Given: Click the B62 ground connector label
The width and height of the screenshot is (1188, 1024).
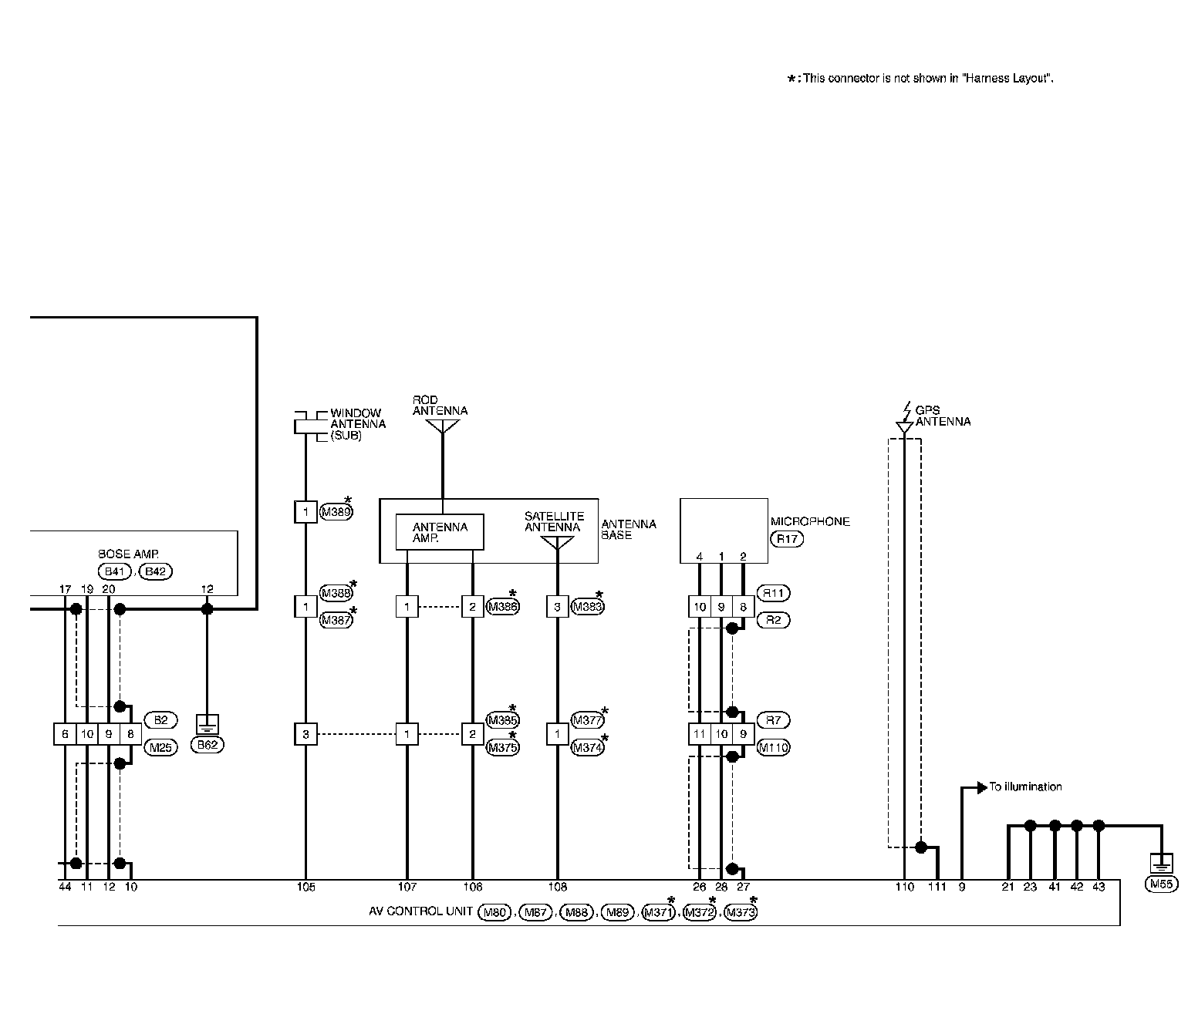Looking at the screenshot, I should click(x=207, y=745).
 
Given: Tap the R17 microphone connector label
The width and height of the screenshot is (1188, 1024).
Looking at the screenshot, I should click(x=786, y=539).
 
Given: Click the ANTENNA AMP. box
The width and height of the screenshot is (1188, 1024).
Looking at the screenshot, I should click(x=440, y=532).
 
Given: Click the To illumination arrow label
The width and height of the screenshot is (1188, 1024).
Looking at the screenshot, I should click(x=1025, y=787).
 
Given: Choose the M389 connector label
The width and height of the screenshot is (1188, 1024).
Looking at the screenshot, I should click(x=336, y=511).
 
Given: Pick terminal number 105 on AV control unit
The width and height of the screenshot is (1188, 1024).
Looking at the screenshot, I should click(x=305, y=888).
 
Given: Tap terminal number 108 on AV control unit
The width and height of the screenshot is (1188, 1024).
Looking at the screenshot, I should click(x=557, y=888).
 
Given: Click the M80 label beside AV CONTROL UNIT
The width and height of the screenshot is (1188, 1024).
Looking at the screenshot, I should click(x=494, y=913).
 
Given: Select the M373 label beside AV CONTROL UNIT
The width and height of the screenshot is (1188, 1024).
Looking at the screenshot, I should click(x=741, y=913).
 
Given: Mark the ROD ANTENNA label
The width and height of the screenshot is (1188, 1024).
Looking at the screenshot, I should click(x=440, y=406).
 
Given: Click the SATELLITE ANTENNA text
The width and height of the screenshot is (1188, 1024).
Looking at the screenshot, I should click(x=554, y=522).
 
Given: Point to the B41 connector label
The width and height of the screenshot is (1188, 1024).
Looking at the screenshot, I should click(x=115, y=571).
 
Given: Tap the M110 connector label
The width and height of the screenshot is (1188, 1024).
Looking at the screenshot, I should click(x=774, y=747).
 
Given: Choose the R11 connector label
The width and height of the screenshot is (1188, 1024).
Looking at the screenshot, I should click(x=774, y=593).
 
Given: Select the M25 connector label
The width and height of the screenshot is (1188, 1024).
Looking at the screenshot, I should click(x=160, y=747).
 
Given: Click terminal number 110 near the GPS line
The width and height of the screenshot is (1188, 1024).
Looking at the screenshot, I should click(x=904, y=888).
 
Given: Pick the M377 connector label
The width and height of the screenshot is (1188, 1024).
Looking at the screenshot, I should click(x=587, y=720).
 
